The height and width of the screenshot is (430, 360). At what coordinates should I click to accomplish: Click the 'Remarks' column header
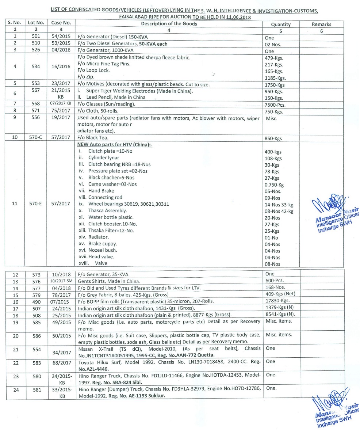[x=321, y=24]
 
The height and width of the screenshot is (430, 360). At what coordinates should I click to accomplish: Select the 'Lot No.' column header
[x=37, y=23]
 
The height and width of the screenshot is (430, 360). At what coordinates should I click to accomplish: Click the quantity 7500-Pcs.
[x=274, y=104]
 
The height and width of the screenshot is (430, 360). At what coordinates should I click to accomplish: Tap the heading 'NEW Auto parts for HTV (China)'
[x=115, y=145]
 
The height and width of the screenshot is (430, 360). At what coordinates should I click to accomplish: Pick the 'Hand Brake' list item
[x=101, y=191]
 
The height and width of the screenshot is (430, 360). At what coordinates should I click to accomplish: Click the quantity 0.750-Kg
[x=274, y=185]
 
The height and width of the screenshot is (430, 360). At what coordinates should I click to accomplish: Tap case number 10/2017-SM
[x=61, y=281]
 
